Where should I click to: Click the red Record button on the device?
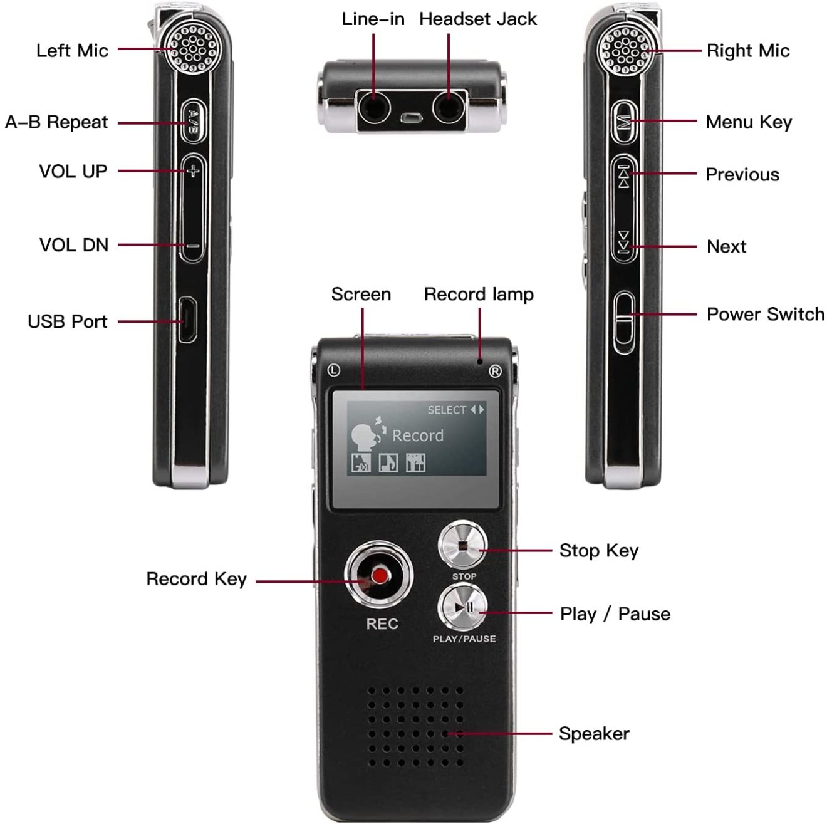pyautogui.click(x=378, y=575)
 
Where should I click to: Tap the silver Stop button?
pyautogui.click(x=462, y=545)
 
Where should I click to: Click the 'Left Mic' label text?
pyautogui.click(x=72, y=51)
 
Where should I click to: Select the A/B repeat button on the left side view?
pyautogui.click(x=193, y=120)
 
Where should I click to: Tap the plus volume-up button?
pyautogui.click(x=193, y=170)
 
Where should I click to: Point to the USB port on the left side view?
pyautogui.click(x=187, y=321)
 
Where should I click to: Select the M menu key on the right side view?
pyautogui.click(x=624, y=122)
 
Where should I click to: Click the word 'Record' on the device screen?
pyautogui.click(x=417, y=435)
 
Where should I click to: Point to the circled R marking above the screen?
pyautogui.click(x=495, y=372)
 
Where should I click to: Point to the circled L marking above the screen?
pyautogui.click(x=334, y=370)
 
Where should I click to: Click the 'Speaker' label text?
pyautogui.click(x=594, y=734)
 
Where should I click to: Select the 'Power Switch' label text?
pyautogui.click(x=765, y=314)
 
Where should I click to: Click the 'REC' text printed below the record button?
pyautogui.click(x=382, y=624)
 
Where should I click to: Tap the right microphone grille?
pyautogui.click(x=623, y=50)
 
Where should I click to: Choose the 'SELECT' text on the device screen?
pyautogui.click(x=447, y=410)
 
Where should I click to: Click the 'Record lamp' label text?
pyautogui.click(x=479, y=294)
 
